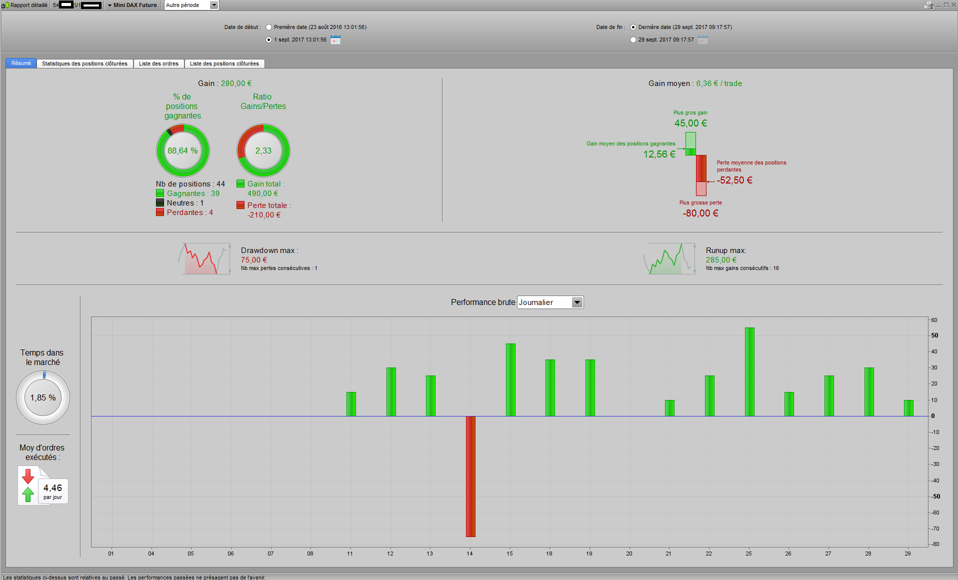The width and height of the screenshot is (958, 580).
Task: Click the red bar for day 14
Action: (470, 476)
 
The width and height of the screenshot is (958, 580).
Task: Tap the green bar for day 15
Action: (510, 379)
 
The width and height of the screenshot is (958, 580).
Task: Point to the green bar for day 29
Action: (908, 408)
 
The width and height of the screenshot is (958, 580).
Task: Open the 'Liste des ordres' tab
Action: (158, 63)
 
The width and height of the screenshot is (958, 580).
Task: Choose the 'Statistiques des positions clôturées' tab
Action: (84, 63)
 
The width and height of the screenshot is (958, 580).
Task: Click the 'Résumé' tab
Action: (21, 63)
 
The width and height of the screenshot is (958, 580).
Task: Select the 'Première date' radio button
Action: (269, 27)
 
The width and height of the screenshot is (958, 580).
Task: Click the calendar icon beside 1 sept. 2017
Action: (335, 40)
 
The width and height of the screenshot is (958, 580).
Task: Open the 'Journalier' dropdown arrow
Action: (577, 302)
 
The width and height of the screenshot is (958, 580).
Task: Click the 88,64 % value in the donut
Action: (182, 150)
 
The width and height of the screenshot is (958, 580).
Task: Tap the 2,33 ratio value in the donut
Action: (263, 150)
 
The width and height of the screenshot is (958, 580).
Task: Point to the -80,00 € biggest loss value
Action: (700, 213)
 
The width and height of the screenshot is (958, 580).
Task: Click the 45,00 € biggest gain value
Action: (690, 123)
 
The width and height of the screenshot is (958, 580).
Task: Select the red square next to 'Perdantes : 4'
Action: (160, 212)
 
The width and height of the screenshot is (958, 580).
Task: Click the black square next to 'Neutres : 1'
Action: (160, 203)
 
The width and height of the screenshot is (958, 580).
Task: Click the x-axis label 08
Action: (310, 553)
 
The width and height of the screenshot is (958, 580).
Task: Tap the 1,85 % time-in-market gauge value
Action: (43, 398)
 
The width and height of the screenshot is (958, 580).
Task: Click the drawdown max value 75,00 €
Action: (254, 260)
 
